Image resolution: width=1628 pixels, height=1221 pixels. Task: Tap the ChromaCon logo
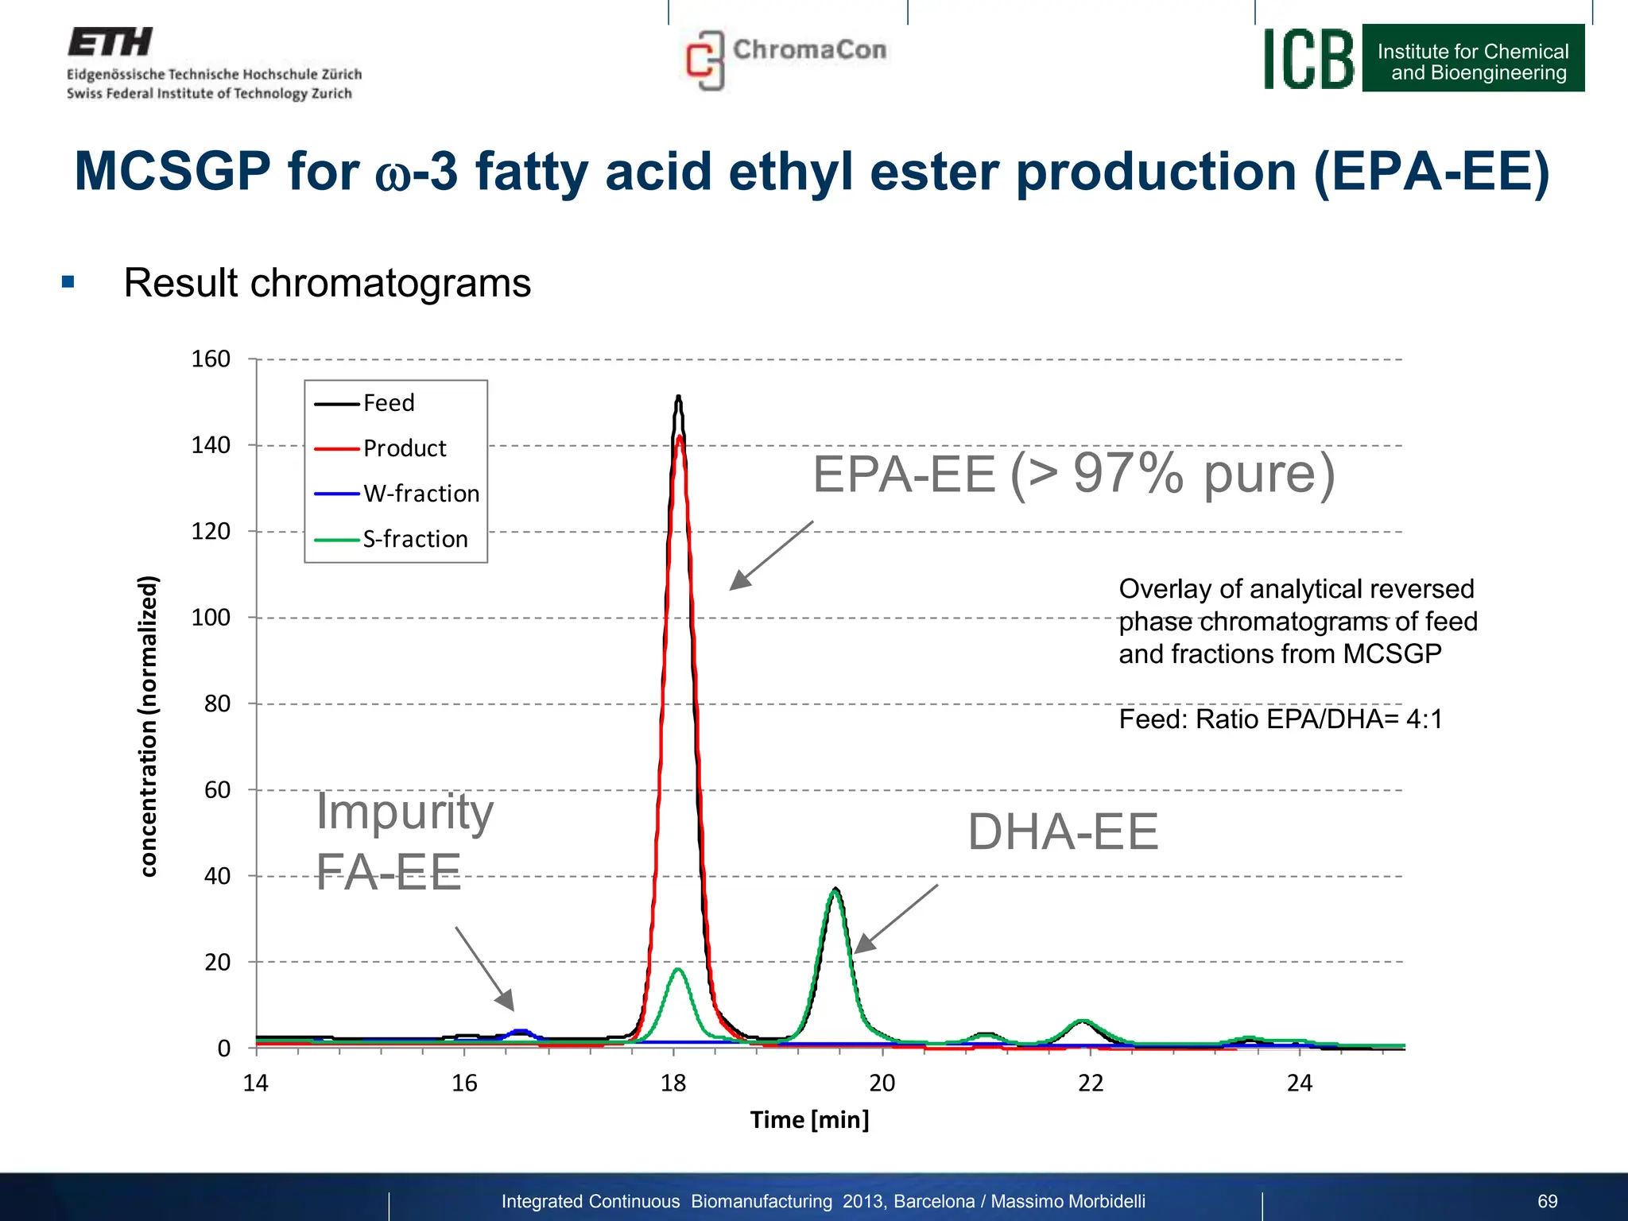tap(785, 57)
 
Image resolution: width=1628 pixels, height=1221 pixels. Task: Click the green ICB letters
tap(1308, 59)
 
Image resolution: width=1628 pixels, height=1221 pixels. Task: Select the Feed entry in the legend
tap(388, 403)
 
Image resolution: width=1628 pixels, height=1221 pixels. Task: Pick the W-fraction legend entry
tap(421, 494)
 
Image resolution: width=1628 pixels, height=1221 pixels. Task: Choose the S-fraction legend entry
tap(415, 539)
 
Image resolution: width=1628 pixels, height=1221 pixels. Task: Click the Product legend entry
tap(404, 448)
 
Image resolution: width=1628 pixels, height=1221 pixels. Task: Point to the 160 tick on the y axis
tap(211, 359)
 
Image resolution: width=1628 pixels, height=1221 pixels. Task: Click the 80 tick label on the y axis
tap(217, 704)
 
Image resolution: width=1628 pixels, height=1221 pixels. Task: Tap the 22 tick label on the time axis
tap(1091, 1083)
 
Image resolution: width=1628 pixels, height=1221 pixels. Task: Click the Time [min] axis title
tap(809, 1119)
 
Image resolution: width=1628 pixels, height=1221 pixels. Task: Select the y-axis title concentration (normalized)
tap(148, 725)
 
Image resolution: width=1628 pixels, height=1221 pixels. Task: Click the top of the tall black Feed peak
tap(678, 397)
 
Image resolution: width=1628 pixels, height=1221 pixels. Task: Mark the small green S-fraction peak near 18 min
tap(678, 970)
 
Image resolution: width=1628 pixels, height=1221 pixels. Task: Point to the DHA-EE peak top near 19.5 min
tap(835, 890)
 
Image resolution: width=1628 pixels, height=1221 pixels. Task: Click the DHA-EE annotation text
tap(1062, 831)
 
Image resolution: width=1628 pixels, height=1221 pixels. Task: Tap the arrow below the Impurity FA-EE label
tap(485, 969)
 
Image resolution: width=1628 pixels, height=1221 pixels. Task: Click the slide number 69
tap(1547, 1201)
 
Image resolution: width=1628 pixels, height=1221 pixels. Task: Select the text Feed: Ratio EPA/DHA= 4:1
tap(1280, 719)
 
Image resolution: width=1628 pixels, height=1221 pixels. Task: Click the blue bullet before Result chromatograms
tap(68, 282)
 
